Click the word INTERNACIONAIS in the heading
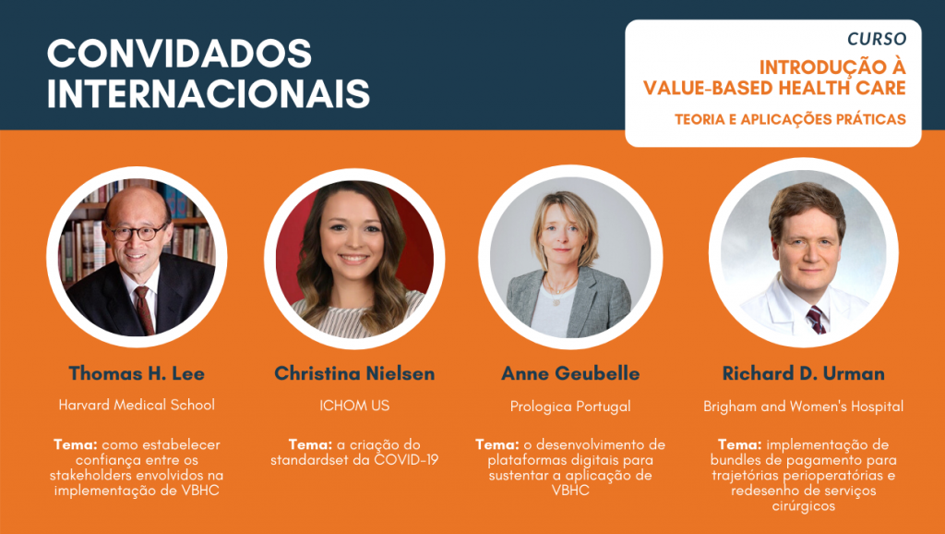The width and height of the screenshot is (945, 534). tap(209, 93)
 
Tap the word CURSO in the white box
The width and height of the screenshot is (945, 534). tap(877, 39)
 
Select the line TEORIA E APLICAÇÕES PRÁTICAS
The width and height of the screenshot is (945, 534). tap(790, 119)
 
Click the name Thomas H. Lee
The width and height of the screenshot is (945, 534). tap(137, 373)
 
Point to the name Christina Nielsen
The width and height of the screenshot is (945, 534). tap(354, 373)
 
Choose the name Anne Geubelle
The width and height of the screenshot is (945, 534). tap(570, 373)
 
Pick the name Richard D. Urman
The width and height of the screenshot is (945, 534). tap(804, 373)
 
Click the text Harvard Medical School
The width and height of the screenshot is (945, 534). tap(137, 405)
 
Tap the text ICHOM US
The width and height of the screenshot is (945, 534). tap(354, 406)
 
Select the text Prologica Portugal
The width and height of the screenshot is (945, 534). tap(570, 407)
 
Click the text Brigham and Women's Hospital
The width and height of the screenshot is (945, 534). tap(804, 407)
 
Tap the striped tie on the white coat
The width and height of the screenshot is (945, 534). tap(817, 320)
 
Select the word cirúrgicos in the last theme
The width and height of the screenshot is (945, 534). tap(804, 506)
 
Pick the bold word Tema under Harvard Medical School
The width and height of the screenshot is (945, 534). tap(76, 444)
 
